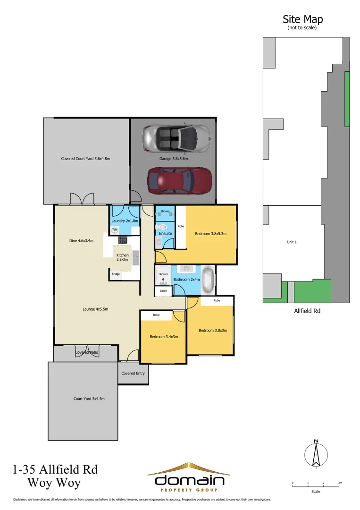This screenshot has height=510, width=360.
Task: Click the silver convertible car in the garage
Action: pyautogui.click(x=176, y=137)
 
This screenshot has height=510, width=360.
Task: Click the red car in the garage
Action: pyautogui.click(x=179, y=180)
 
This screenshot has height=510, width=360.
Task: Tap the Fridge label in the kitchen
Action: pyautogui.click(x=116, y=274)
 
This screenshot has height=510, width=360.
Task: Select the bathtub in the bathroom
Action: pyautogui.click(x=208, y=280)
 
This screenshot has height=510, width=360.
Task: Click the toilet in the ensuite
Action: pyautogui.click(x=163, y=226)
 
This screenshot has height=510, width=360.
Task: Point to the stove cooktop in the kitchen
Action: pyautogui.click(x=123, y=240)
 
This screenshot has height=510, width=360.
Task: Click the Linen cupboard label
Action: pyautogui.click(x=163, y=291)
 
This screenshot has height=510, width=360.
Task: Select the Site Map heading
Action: pyautogui.click(x=302, y=19)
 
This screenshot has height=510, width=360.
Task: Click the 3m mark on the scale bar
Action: pyautogui.click(x=339, y=483)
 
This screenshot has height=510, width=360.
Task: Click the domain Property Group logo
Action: pyautogui.click(x=189, y=477)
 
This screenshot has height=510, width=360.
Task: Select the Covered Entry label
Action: pyautogui.click(x=134, y=373)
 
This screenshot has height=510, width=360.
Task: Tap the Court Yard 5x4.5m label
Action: pyautogui.click(x=89, y=399)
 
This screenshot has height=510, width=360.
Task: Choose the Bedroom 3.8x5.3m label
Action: pyautogui.click(x=211, y=233)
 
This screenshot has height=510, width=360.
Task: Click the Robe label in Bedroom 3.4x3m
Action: pyautogui.click(x=155, y=315)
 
